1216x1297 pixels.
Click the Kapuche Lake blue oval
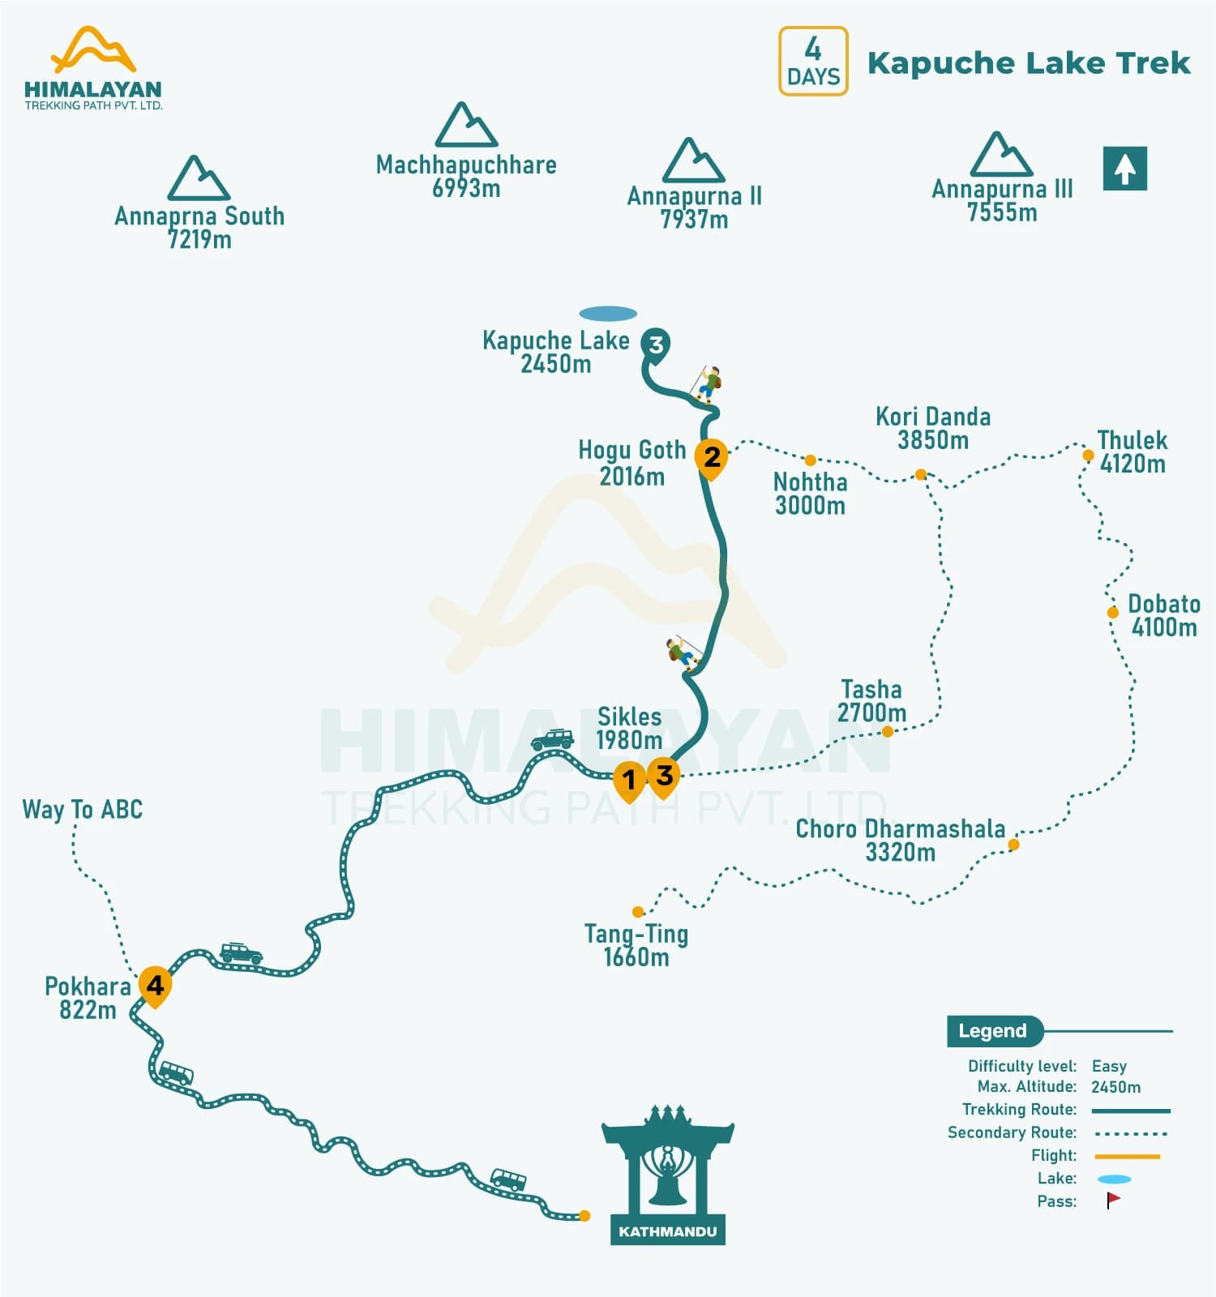tap(608, 314)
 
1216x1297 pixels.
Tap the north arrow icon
tap(1124, 169)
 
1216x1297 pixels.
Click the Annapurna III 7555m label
tap(1002, 200)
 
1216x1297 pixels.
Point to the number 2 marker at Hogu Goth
tap(712, 458)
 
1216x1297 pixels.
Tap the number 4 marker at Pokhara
tap(155, 985)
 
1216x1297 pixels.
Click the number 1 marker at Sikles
tap(629, 780)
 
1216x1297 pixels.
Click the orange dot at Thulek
tap(1088, 456)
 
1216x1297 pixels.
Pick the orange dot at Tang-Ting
tap(638, 912)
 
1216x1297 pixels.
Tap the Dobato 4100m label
tap(1163, 615)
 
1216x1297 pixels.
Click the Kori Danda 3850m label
tap(933, 428)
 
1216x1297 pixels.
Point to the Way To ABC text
tap(83, 809)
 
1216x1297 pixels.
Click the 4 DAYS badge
tap(813, 62)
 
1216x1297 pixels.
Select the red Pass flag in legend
tap(1113, 1201)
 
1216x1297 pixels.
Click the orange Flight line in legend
tap(1127, 1156)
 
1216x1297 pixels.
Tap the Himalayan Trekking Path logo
tap(93, 69)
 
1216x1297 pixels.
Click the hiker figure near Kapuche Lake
tap(707, 384)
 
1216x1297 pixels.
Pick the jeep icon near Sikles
tap(553, 739)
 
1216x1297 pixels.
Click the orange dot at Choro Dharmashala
tap(1013, 845)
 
